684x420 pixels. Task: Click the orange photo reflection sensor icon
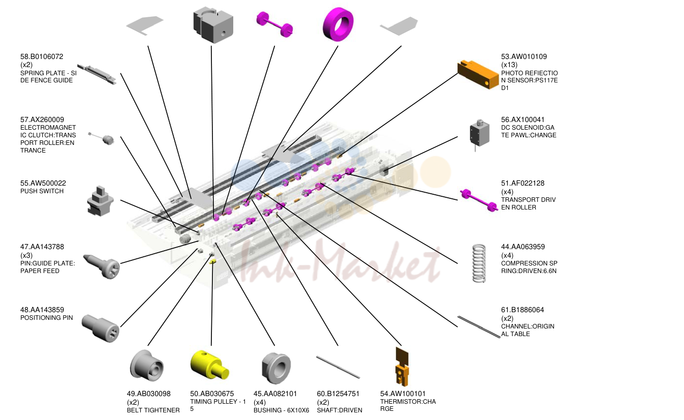click(x=478, y=74)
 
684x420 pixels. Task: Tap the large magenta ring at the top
click(x=338, y=24)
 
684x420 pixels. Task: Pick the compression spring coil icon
click(x=479, y=263)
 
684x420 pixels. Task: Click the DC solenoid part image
click(x=479, y=134)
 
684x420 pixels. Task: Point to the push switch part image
click(x=100, y=201)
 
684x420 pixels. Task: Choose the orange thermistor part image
click(x=402, y=367)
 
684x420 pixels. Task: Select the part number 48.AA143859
click(x=42, y=310)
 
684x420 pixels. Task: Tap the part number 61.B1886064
click(x=522, y=310)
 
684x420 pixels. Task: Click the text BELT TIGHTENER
click(x=153, y=410)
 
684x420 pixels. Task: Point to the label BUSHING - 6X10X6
click(x=281, y=410)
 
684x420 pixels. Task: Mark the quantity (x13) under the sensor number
click(x=509, y=65)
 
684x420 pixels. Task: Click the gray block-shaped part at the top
click(x=213, y=25)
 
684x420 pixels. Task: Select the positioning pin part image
click(x=101, y=328)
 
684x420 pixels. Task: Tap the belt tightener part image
click(x=146, y=365)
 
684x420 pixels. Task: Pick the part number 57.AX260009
click(x=42, y=119)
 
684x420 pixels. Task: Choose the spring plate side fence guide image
click(x=97, y=74)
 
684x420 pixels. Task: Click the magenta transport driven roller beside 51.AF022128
click(x=479, y=200)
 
